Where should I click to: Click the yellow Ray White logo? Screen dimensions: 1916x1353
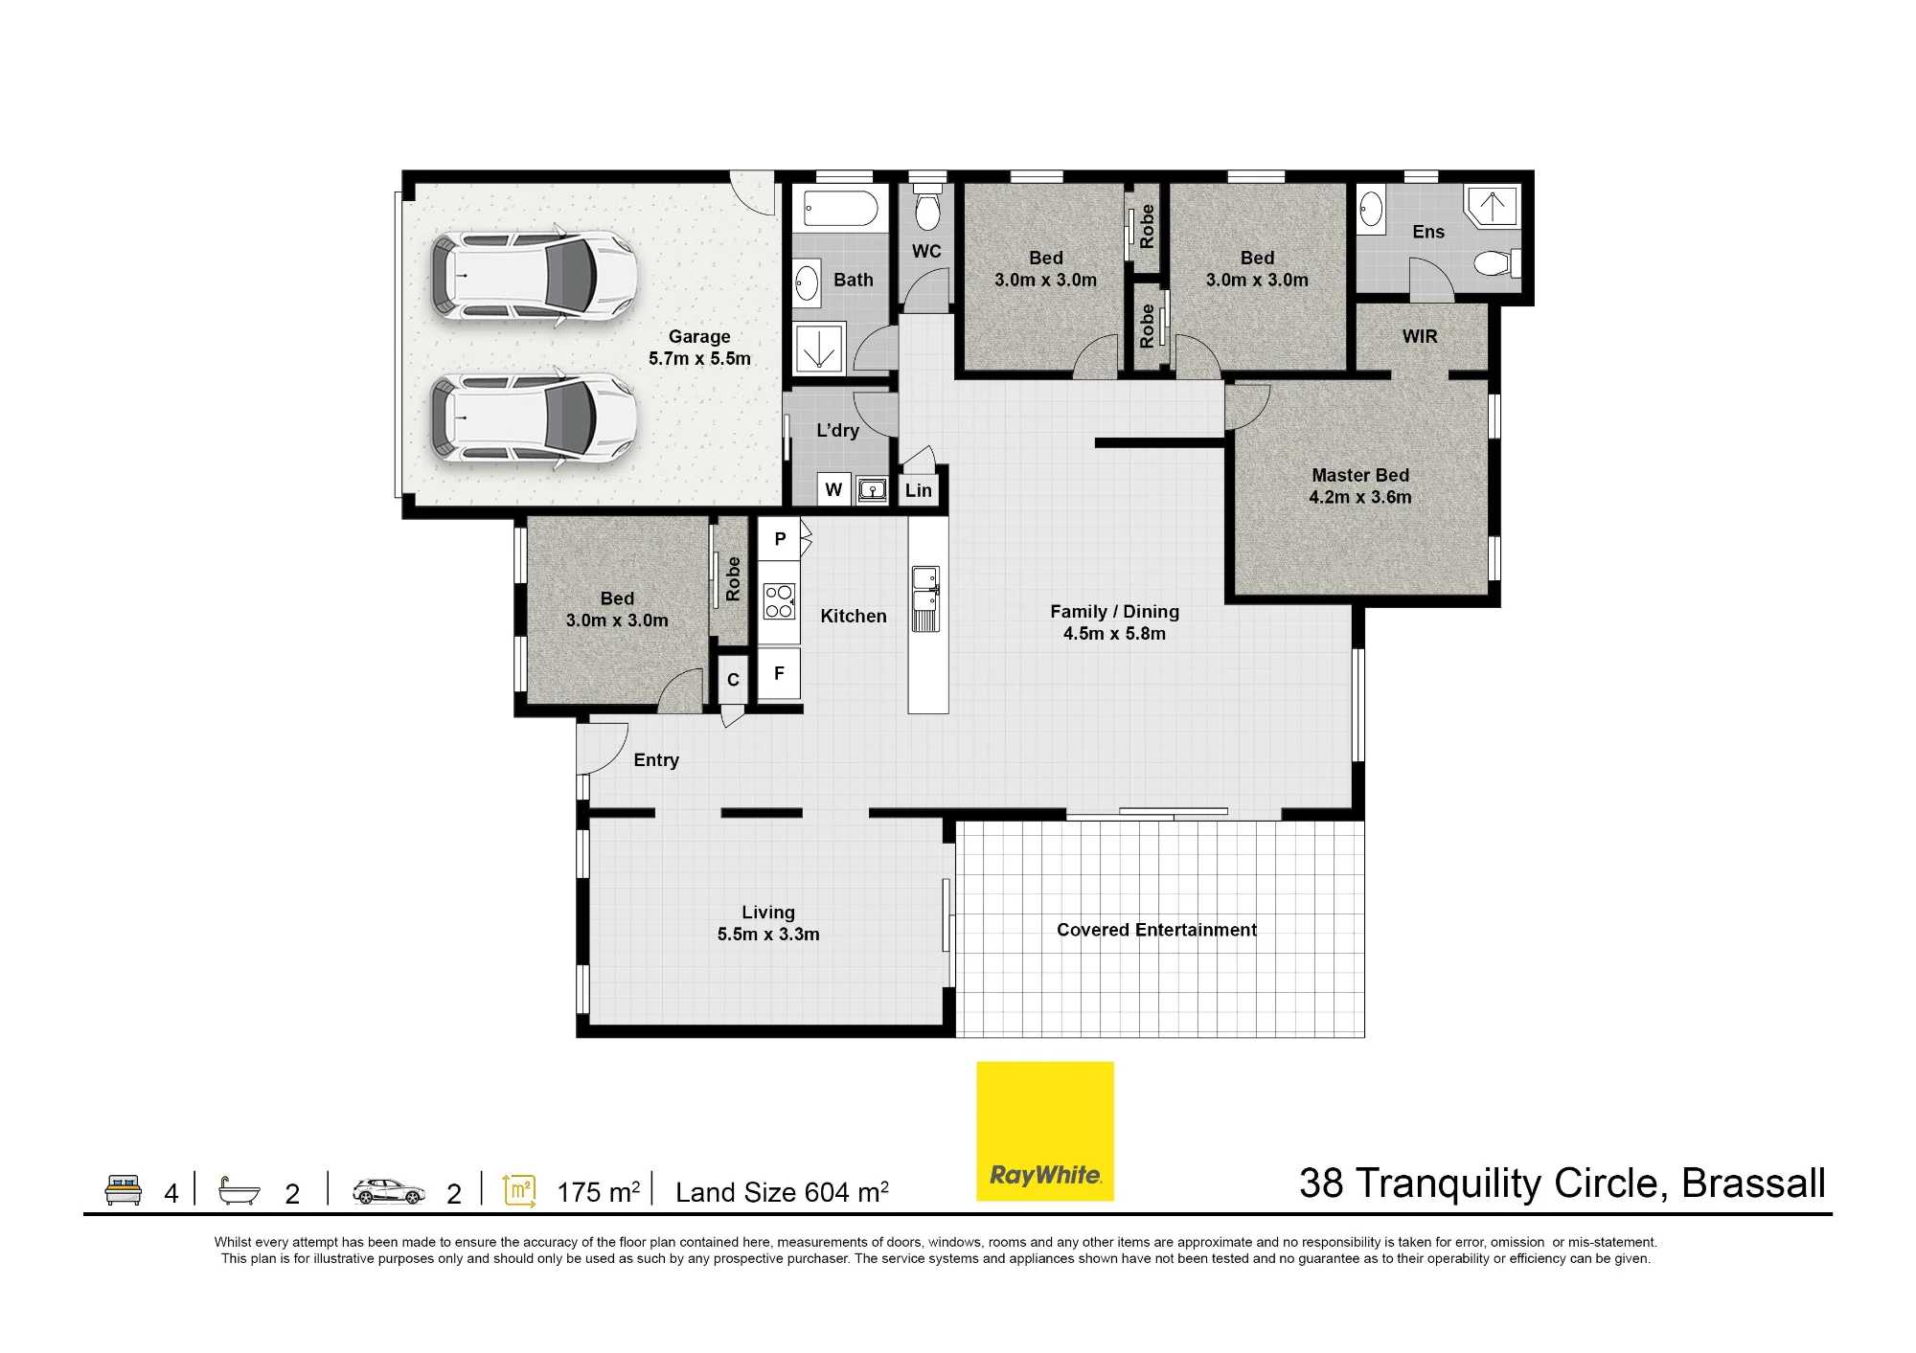coord(1044,1131)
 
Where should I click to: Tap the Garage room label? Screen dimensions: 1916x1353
coord(699,336)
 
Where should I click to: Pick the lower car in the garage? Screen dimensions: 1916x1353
coord(533,417)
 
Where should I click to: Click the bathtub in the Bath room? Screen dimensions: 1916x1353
coord(840,208)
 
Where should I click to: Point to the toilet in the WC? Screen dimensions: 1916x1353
coord(927,207)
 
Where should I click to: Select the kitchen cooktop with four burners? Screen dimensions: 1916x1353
coord(779,601)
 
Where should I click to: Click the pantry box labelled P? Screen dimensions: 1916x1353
coord(780,539)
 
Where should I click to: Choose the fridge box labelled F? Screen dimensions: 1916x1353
coord(779,674)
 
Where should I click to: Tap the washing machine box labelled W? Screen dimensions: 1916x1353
coord(833,489)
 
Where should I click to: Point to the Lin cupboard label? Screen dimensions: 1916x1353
coord(918,490)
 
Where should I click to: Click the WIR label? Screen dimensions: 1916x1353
coord(1420,336)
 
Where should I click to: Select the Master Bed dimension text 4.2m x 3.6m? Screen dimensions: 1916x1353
coord(1360,497)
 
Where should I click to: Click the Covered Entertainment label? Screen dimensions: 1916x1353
coord(1156,930)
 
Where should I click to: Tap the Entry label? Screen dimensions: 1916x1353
coord(656,759)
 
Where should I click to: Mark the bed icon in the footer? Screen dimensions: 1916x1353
coord(124,1189)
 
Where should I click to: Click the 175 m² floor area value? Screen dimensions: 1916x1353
coord(598,1192)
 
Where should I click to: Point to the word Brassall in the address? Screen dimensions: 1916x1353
coord(1754,1184)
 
